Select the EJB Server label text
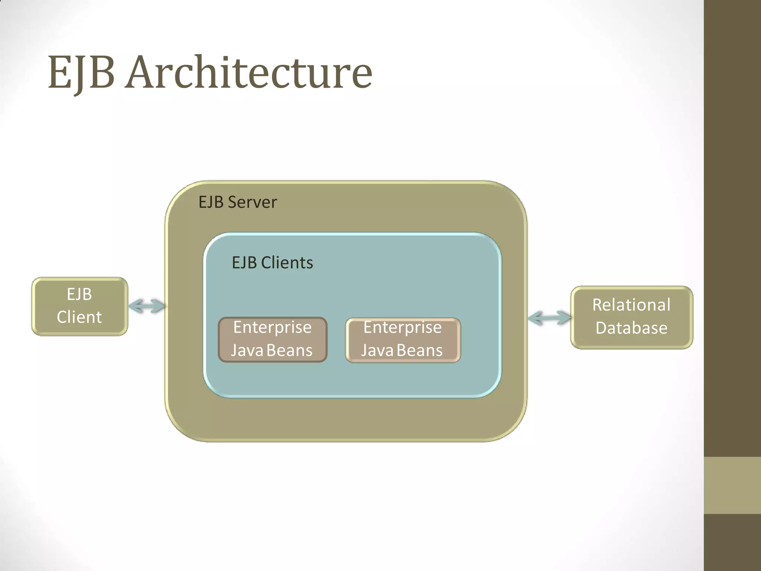click(x=237, y=202)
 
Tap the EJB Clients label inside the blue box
click(x=272, y=263)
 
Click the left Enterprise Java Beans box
click(x=272, y=339)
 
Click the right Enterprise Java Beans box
click(x=403, y=340)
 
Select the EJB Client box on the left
click(x=80, y=306)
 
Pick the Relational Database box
click(x=631, y=317)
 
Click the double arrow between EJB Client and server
click(x=147, y=306)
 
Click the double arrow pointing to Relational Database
click(x=549, y=318)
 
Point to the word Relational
click(x=631, y=305)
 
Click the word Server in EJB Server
click(x=252, y=202)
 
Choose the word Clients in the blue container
click(x=287, y=263)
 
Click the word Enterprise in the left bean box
click(x=272, y=328)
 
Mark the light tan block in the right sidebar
click(x=732, y=485)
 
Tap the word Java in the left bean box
click(x=247, y=351)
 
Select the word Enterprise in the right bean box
click(x=403, y=328)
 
